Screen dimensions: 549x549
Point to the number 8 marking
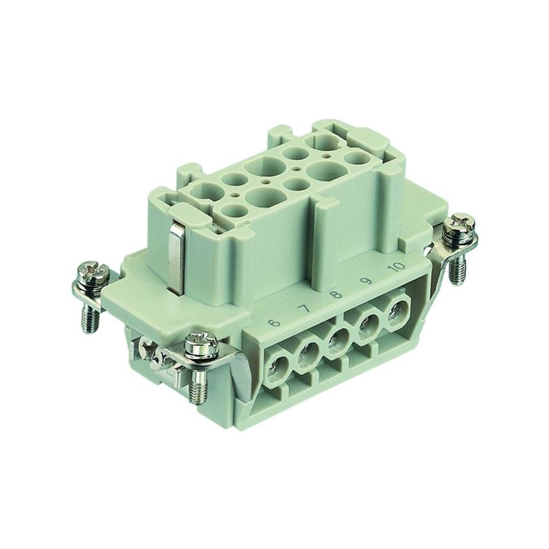[x=337, y=294]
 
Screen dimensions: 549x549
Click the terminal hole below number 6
[x=276, y=368]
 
